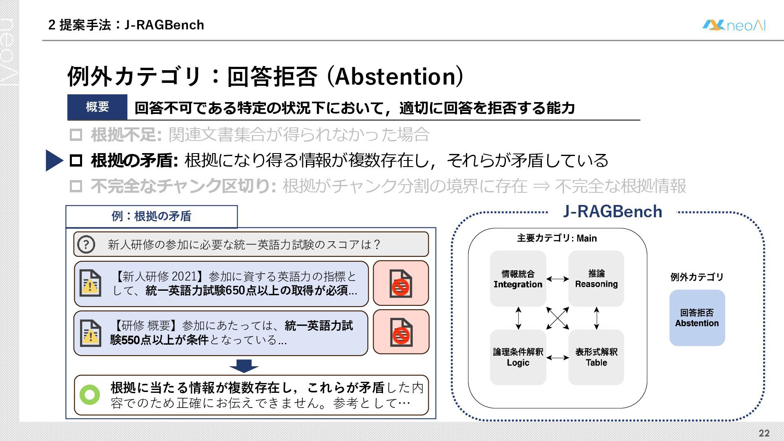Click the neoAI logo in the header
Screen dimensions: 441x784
(733, 25)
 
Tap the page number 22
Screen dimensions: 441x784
(764, 433)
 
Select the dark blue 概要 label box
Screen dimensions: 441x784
(97, 107)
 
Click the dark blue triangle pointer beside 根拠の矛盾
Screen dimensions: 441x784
(54, 160)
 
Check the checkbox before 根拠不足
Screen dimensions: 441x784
(76, 135)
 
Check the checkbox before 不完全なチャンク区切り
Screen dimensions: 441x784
(76, 186)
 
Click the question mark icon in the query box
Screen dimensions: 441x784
(86, 245)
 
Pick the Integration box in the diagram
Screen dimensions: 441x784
(518, 279)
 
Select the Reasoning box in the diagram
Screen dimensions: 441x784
(596, 279)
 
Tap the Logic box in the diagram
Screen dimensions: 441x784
(518, 357)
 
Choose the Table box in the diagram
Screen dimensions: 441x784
(596, 357)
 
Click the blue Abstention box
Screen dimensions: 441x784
(697, 318)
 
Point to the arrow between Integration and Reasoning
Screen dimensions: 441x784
(557, 279)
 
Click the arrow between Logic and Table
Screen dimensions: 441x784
(557, 358)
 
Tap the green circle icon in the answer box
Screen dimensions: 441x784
(90, 395)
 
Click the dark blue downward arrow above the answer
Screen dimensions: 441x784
(244, 365)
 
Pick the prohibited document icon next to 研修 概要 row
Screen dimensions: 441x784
(401, 332)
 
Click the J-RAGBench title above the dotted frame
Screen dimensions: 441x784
(612, 212)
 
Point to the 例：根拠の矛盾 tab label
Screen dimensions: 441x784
(151, 216)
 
